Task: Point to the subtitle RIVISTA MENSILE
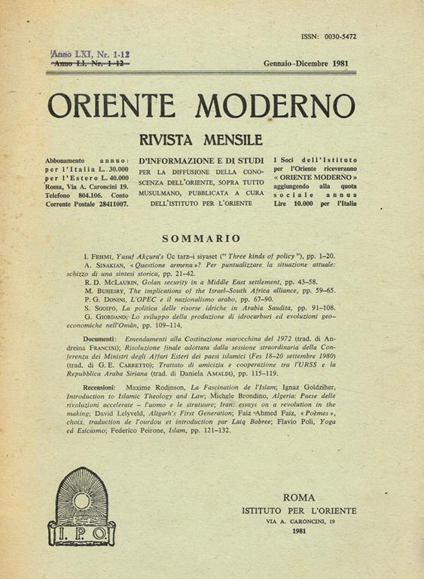click(x=201, y=140)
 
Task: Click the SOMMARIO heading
click(x=201, y=236)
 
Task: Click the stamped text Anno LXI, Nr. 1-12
click(x=90, y=54)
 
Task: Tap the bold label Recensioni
click(x=95, y=387)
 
